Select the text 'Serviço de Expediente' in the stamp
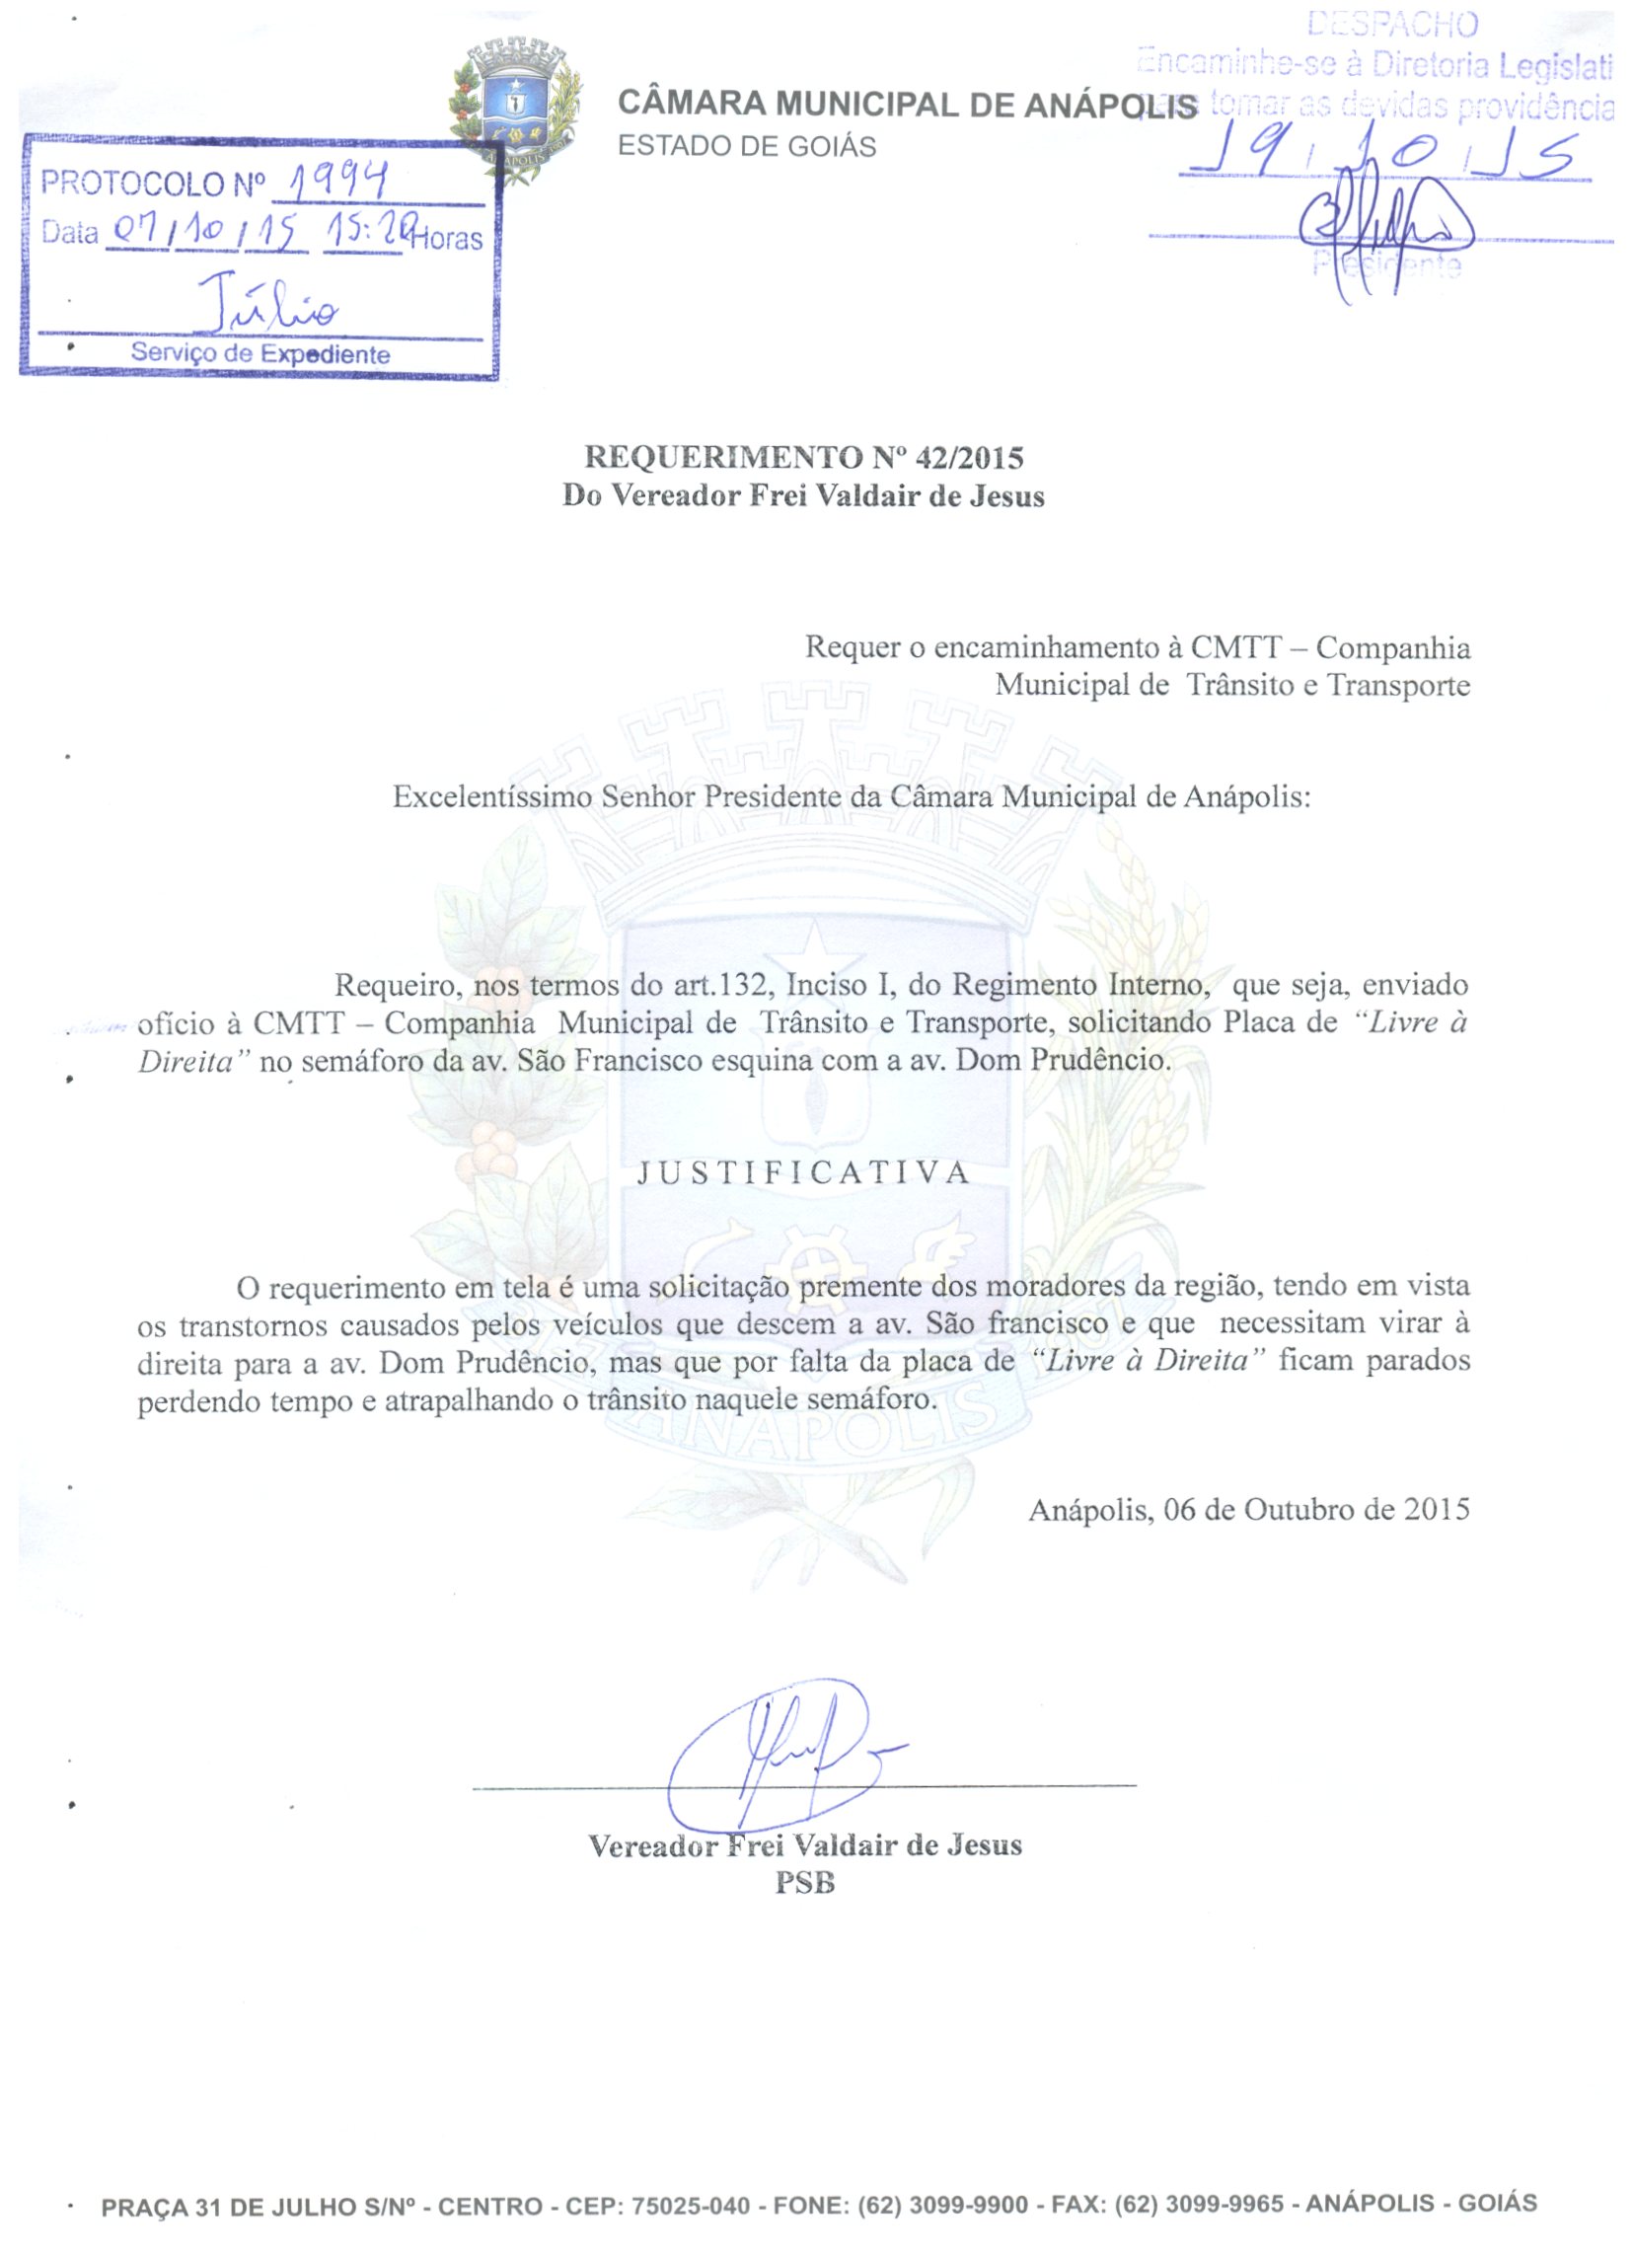pos(260,353)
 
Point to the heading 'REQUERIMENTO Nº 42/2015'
pos(803,457)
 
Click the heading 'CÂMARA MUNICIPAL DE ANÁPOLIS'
pos(907,105)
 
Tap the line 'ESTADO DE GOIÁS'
pos(747,147)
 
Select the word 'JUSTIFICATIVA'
pos(803,1173)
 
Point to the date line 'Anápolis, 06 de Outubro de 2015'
pos(1248,1509)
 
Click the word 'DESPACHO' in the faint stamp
pos(1392,25)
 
